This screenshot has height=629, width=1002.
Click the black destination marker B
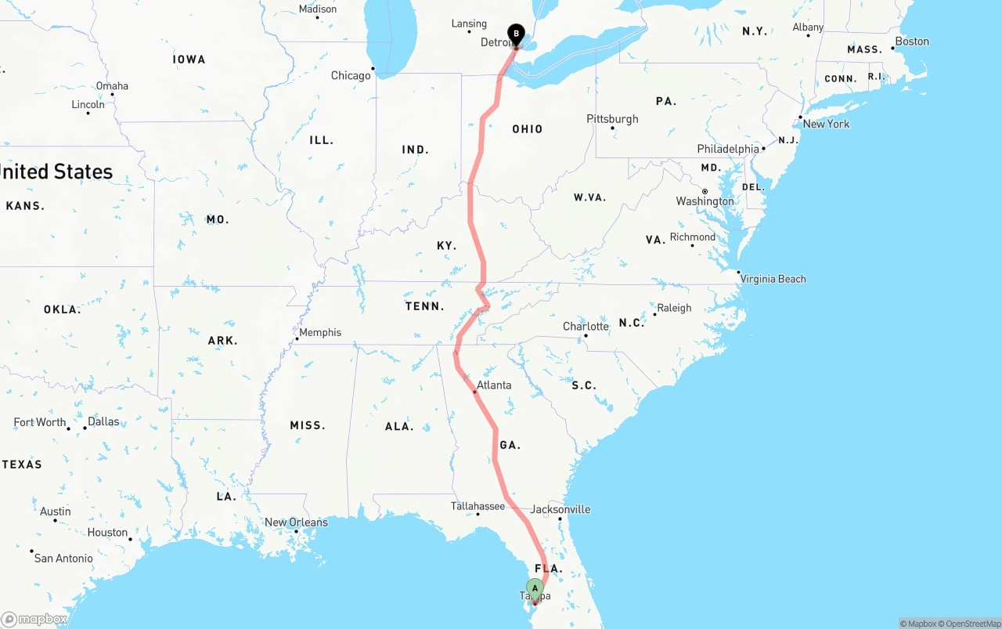[x=516, y=34]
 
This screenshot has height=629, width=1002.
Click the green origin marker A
[x=535, y=588]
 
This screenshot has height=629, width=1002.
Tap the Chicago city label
[x=351, y=76]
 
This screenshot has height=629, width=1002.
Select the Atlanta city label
[x=494, y=385]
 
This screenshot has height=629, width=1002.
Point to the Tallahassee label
[x=478, y=506]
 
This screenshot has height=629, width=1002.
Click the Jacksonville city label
[x=560, y=509]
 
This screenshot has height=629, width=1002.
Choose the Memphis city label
[x=320, y=332]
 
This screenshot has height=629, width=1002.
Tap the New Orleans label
[x=296, y=522]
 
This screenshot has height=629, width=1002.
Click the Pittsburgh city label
[x=612, y=119]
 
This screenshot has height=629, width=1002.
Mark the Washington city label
[x=705, y=201]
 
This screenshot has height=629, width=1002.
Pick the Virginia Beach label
[x=773, y=279]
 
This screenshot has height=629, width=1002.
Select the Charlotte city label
[x=586, y=327]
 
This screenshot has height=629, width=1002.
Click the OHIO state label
[x=527, y=129]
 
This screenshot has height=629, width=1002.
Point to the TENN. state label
[x=425, y=306]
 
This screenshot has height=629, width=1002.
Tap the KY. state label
[x=446, y=246]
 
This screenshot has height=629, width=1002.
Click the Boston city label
[x=912, y=42]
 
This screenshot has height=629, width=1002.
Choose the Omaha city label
[x=112, y=86]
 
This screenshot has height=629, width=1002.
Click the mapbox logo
[x=34, y=619]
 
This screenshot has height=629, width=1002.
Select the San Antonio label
[x=63, y=559]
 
